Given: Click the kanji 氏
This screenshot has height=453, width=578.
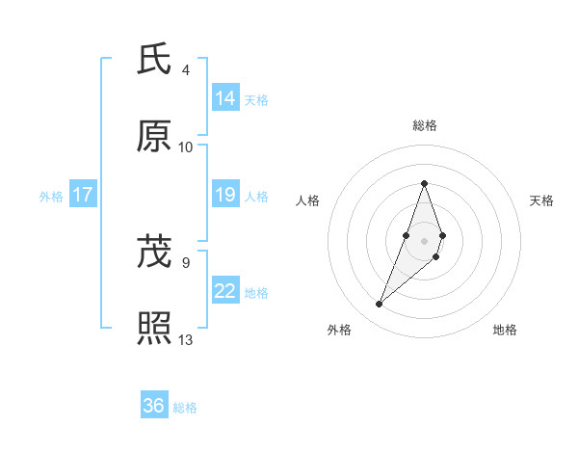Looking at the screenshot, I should point(155,60).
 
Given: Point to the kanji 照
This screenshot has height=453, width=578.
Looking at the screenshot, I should point(155,329).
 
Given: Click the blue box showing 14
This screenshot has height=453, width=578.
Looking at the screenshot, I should point(225,98).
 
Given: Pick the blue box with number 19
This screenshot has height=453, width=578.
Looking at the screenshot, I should point(225,196).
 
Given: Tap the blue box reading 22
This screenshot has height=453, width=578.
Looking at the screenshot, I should point(225,291).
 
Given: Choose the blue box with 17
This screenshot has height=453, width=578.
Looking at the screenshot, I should point(83,196).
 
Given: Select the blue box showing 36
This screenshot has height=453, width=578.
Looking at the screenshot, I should point(154,406).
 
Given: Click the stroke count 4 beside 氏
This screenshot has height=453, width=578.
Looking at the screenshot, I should point(186,70).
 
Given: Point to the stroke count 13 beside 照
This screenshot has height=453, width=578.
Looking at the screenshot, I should point(186,339).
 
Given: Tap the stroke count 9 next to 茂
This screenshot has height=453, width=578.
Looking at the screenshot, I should point(185,262).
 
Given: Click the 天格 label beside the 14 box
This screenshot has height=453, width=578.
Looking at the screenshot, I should point(256,100).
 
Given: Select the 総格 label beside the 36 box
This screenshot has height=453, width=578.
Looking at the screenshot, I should point(185,408).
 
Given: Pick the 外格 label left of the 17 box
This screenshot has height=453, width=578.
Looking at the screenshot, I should point(51,197).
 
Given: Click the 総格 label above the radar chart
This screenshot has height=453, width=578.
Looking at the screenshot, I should point(424,125).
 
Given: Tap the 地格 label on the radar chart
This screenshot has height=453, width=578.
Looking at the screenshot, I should point(505,330).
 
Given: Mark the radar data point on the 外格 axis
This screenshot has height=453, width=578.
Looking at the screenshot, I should point(379,305).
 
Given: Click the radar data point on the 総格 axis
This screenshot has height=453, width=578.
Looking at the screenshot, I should point(424,183).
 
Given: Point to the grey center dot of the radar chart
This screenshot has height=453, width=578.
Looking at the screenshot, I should point(424,240).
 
